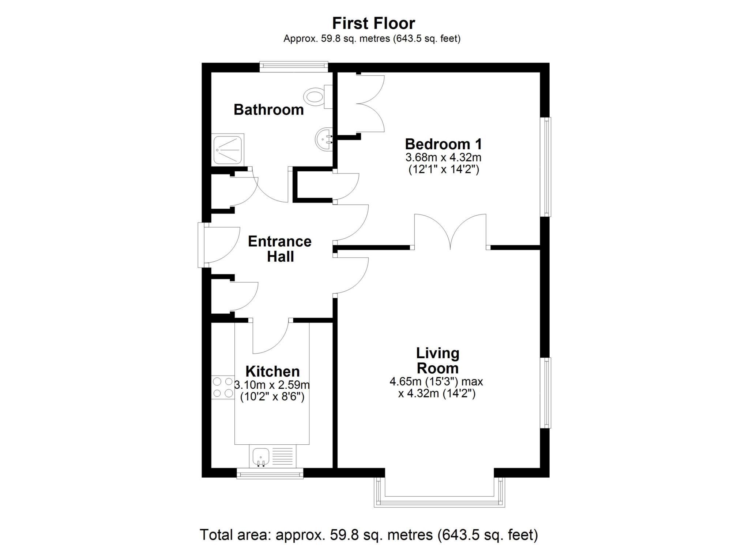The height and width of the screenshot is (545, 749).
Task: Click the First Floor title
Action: (x=373, y=23)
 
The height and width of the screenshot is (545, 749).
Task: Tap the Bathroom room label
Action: (x=269, y=109)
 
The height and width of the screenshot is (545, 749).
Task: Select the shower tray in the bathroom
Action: (x=228, y=150)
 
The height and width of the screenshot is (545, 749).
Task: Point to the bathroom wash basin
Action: (x=324, y=139)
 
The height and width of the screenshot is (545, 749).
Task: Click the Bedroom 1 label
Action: (x=443, y=144)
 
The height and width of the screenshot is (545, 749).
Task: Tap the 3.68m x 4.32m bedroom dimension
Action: (x=443, y=158)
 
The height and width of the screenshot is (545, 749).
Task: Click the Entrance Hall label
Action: (x=280, y=249)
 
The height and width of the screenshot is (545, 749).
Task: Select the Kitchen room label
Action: (x=272, y=371)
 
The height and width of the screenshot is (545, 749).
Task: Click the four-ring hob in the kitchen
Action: (x=223, y=387)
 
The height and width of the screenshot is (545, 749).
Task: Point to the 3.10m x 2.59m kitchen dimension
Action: (x=272, y=385)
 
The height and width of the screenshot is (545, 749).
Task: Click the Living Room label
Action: (x=438, y=361)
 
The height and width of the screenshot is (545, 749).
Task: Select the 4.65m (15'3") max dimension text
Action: (x=436, y=382)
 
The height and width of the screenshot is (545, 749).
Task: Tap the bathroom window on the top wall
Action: (x=294, y=66)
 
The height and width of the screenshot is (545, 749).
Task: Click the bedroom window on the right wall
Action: (x=546, y=167)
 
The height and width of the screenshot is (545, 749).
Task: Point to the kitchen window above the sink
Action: (x=270, y=474)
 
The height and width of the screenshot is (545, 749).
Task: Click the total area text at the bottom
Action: (x=369, y=535)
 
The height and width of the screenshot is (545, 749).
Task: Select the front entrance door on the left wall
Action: (x=201, y=245)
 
